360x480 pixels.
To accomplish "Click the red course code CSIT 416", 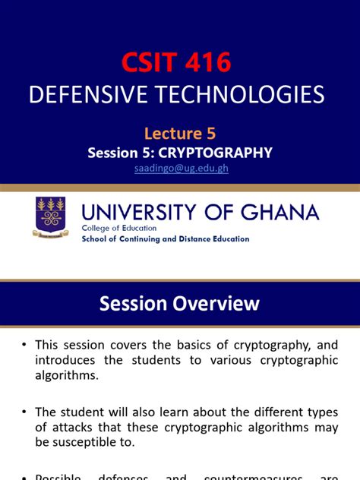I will pyautogui.click(x=177, y=62).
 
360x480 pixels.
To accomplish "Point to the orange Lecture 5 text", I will pyautogui.click(x=179, y=134).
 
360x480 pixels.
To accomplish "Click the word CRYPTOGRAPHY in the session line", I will pyautogui.click(x=223, y=153).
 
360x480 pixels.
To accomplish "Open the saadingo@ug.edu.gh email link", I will pyautogui.click(x=180, y=169).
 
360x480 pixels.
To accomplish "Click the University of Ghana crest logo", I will pyautogui.click(x=51, y=216).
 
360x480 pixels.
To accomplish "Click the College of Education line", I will pyautogui.click(x=119, y=227).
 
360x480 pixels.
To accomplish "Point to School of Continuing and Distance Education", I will pyautogui.click(x=165, y=238).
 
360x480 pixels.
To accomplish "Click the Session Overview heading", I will pyautogui.click(x=180, y=304).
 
